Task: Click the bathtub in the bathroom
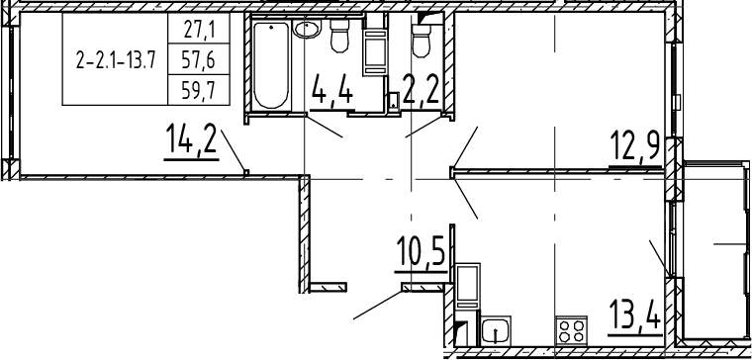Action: [271, 64]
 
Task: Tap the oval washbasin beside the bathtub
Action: [305, 30]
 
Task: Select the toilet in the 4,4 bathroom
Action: [340, 36]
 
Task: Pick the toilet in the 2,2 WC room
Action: [422, 41]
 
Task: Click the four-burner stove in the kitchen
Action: [572, 330]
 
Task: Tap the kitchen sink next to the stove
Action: [496, 329]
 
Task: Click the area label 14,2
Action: [191, 139]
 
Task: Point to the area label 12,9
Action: [635, 147]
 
